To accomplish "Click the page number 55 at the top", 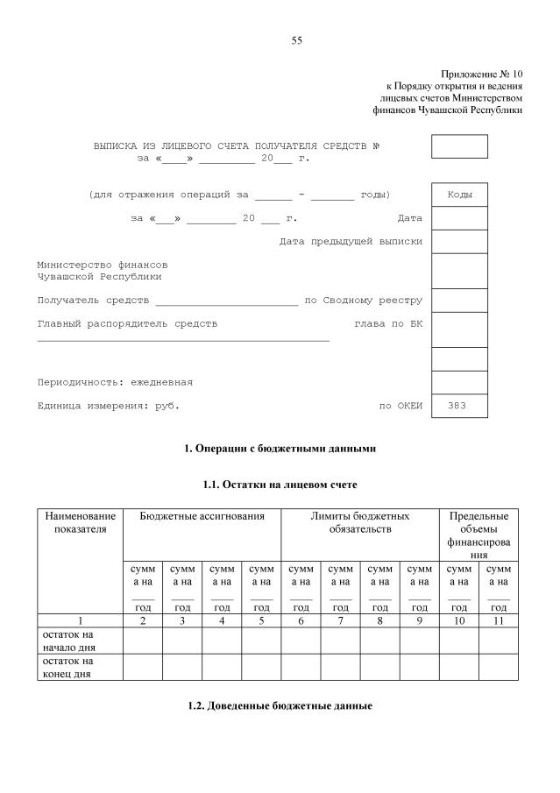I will click(x=296, y=40).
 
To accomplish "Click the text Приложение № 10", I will click(x=481, y=74).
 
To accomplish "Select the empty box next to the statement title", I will click(x=459, y=146).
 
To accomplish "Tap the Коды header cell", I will click(x=459, y=195).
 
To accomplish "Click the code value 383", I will click(x=457, y=406).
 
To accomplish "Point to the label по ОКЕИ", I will click(x=401, y=406).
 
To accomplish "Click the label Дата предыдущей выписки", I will click(x=351, y=241).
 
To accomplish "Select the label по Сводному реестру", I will click(x=363, y=300).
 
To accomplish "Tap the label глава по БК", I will click(x=388, y=323).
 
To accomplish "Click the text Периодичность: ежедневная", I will click(x=115, y=382).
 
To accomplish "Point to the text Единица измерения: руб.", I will click(x=108, y=406).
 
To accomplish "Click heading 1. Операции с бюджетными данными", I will click(x=280, y=449).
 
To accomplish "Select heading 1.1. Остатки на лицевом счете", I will click(x=280, y=484).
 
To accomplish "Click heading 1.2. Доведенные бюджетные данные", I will click(x=280, y=706).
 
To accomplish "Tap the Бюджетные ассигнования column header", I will click(x=202, y=517).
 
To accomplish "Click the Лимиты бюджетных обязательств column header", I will click(x=359, y=523).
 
